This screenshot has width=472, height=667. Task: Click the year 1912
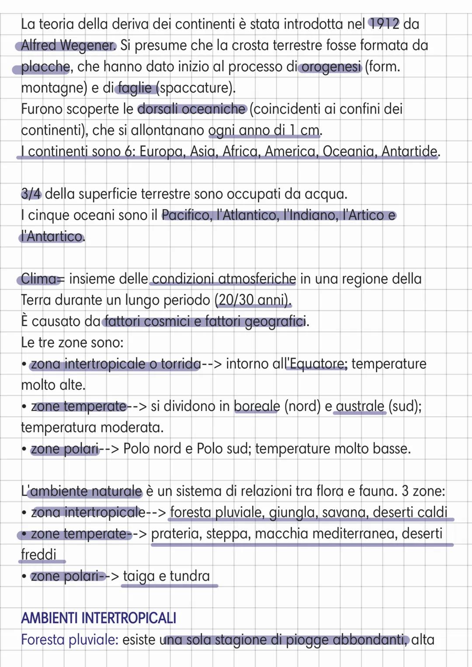384,24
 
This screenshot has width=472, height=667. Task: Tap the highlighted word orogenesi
331,67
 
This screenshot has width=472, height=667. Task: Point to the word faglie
135,88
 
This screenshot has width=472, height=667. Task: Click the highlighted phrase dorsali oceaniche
192,109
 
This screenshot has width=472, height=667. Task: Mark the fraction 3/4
31,194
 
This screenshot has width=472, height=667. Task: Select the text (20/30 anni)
253,300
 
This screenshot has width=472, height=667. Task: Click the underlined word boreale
257,406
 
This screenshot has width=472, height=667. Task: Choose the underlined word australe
360,406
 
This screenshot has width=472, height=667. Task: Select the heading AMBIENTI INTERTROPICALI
99,618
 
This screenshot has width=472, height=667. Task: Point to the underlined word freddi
39,555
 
